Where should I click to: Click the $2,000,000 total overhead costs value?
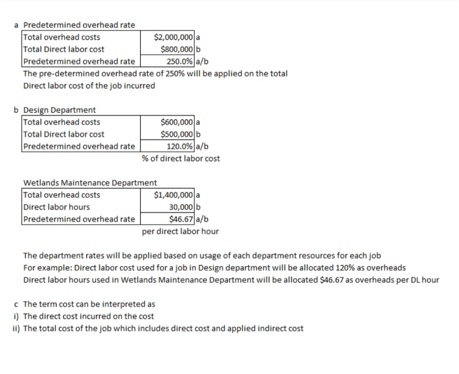tap(173, 37)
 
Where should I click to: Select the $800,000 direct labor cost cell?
tap(177, 49)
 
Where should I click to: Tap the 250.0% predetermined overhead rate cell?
tap(179, 61)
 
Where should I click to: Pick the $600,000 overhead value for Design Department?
tap(177, 122)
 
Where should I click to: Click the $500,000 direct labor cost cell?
tap(177, 134)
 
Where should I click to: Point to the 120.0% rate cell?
tap(179, 146)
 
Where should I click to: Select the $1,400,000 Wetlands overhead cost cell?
tap(173, 195)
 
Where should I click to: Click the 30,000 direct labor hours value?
tap(181, 207)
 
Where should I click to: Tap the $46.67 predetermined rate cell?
tap(181, 219)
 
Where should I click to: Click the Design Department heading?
tap(59, 110)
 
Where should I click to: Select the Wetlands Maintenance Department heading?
tap(90, 183)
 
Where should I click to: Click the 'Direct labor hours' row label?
tap(57, 207)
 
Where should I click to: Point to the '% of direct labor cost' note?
tap(181, 158)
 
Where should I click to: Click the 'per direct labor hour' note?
tap(180, 231)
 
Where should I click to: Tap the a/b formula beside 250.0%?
tap(202, 62)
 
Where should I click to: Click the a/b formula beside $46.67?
tap(202, 219)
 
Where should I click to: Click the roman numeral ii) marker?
tap(16, 328)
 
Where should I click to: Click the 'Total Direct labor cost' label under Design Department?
tap(64, 134)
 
